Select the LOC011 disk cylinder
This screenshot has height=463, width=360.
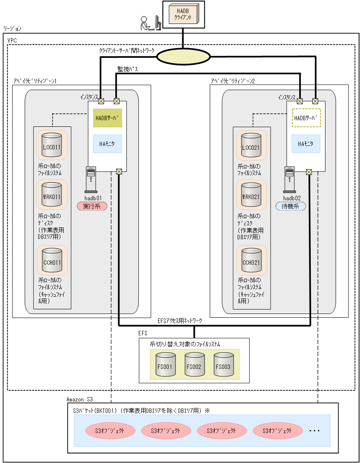52,146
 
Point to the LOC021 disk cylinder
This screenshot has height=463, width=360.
251,146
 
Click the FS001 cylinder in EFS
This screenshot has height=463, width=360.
166,365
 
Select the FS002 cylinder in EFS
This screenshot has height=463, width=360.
194,365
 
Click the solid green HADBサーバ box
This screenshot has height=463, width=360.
107,117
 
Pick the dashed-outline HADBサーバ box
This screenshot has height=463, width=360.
306,117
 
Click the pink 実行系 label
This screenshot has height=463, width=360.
92,206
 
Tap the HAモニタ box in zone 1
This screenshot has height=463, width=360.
107,144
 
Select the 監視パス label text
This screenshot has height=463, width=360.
128,70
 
